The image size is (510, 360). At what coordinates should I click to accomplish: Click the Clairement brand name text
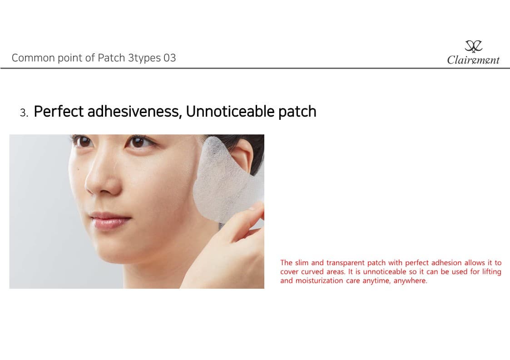(x=473, y=60)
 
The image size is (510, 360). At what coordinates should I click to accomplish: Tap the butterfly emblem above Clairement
(x=474, y=46)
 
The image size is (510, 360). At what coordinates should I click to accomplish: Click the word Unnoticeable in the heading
(x=230, y=112)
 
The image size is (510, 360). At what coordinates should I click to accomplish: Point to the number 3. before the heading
(x=24, y=113)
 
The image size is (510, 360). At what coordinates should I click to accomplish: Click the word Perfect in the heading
(x=59, y=111)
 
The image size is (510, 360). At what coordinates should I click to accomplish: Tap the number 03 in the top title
(x=170, y=58)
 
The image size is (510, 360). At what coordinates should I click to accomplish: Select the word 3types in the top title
(x=144, y=58)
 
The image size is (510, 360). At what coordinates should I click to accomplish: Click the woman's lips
(x=110, y=220)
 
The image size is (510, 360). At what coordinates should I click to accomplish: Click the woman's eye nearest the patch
(x=138, y=142)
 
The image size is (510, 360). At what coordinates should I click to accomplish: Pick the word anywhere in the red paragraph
(x=410, y=281)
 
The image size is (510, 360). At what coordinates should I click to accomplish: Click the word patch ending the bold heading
(x=297, y=112)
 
